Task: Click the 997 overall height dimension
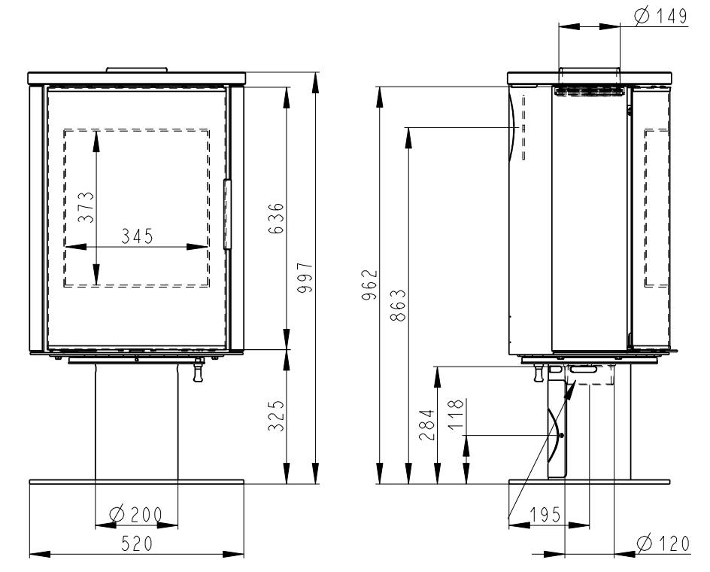[305, 277]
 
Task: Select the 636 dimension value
[276, 218]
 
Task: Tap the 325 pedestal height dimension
[276, 415]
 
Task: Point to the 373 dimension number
[86, 207]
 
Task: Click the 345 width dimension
[137, 236]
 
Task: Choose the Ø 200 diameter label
[136, 515]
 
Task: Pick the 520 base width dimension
[137, 544]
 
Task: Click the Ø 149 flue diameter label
[660, 17]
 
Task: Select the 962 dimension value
[369, 284]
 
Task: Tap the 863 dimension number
[398, 306]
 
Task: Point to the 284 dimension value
[426, 425]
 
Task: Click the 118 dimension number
[457, 414]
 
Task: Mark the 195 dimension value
[545, 515]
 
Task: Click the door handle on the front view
[227, 214]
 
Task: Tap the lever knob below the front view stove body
[198, 370]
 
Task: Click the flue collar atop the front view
[137, 70]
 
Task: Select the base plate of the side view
[590, 482]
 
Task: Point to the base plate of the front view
[137, 482]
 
